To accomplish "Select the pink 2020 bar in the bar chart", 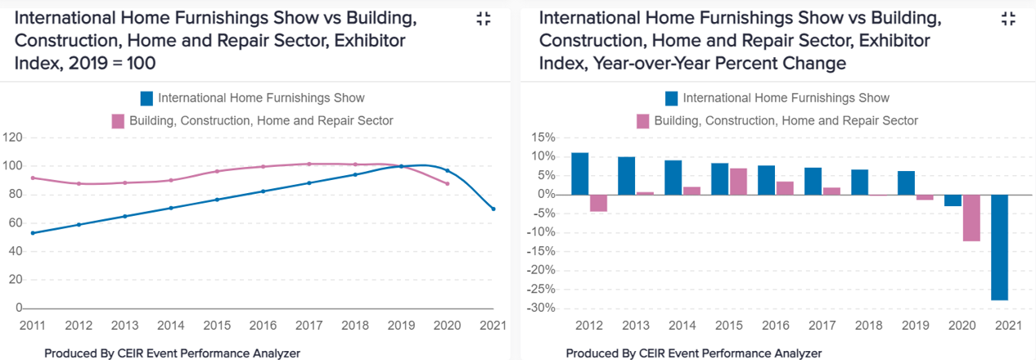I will (971, 218).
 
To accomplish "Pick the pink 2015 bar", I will (737, 182).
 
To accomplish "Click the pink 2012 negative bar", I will (598, 203).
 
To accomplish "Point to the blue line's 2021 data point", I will (493, 209).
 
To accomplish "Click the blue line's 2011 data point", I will (33, 233).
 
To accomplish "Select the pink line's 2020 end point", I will (448, 183).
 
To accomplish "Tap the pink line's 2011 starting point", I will (33, 178).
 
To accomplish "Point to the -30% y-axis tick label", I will (543, 308).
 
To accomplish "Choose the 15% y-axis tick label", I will (544, 137).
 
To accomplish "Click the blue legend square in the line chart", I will (147, 99).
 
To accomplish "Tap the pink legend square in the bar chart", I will (642, 121).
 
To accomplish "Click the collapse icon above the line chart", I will (484, 20).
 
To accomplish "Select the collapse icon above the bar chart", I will (1008, 20).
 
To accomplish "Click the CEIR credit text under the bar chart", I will (694, 353).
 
